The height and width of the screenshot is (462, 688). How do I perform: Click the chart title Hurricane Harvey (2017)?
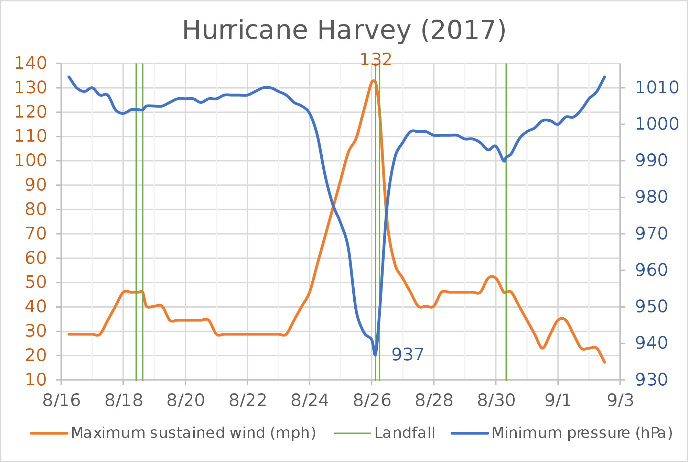pyautogui.click(x=344, y=31)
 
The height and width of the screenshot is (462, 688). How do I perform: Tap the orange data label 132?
pyautogui.click(x=376, y=60)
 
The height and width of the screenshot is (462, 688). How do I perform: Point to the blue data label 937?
pyautogui.click(x=408, y=354)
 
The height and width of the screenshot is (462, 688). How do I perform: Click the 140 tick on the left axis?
pyautogui.click(x=31, y=63)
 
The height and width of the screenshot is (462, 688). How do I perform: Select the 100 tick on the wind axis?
pyautogui.click(x=31, y=161)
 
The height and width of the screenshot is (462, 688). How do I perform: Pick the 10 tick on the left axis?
pyautogui.click(x=36, y=380)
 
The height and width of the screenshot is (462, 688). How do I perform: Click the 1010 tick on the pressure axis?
pyautogui.click(x=657, y=88)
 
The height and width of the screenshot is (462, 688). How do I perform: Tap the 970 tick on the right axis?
pyautogui.click(x=651, y=234)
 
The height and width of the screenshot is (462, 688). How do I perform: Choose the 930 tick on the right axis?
pyautogui.click(x=651, y=380)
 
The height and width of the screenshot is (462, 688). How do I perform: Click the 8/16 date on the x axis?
pyautogui.click(x=62, y=401)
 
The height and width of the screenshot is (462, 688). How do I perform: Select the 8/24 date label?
pyautogui.click(x=310, y=401)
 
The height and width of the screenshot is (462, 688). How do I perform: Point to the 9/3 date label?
pyautogui.click(x=621, y=401)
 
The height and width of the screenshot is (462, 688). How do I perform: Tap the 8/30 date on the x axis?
pyautogui.click(x=496, y=401)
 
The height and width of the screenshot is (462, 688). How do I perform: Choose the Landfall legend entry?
pyautogui.click(x=405, y=433)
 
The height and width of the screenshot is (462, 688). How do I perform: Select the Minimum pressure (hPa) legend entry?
pyautogui.click(x=582, y=433)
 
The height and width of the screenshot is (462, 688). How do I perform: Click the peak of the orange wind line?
pyautogui.click(x=374, y=81)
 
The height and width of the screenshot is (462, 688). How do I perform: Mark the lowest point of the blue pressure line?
pyautogui.click(x=375, y=354)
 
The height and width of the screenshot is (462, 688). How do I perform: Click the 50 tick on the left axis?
pyautogui.click(x=36, y=283)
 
